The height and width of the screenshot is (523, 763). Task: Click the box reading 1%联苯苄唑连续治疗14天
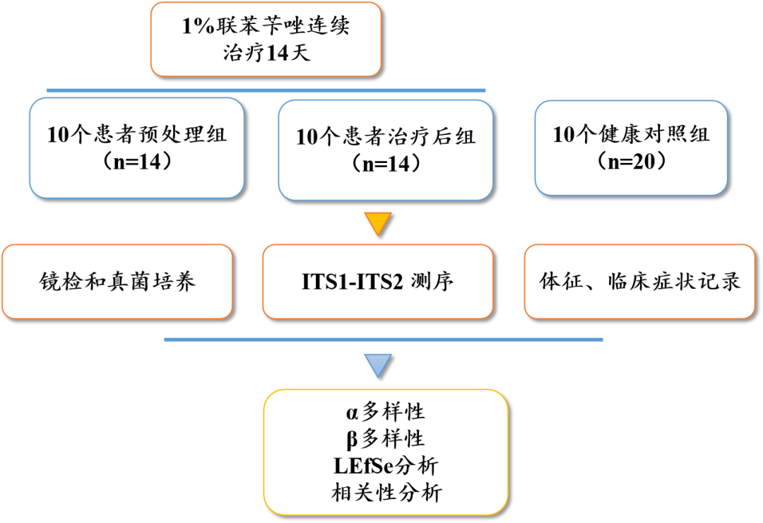266,39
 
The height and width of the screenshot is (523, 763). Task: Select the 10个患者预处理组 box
137,148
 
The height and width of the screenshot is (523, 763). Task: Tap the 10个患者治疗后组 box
385,149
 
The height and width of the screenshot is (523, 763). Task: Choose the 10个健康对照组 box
630,148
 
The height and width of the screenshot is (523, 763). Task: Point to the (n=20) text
630,161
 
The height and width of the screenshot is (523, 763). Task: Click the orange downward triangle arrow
379,224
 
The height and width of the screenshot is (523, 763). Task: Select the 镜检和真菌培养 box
117,282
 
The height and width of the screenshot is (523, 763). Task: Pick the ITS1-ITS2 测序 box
377,282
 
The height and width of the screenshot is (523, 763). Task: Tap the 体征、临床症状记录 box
639,282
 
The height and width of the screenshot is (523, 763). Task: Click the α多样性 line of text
385,411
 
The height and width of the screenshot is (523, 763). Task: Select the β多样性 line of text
385,439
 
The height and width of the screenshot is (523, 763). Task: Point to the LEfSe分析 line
385,466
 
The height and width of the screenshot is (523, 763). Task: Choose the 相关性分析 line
386,492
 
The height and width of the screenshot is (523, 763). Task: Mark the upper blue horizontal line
266,90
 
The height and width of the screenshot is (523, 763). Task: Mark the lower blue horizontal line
384,339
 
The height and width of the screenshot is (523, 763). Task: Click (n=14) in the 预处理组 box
137,162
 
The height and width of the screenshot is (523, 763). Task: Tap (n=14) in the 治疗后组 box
385,164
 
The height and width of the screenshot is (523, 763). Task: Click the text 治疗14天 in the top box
266,54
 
